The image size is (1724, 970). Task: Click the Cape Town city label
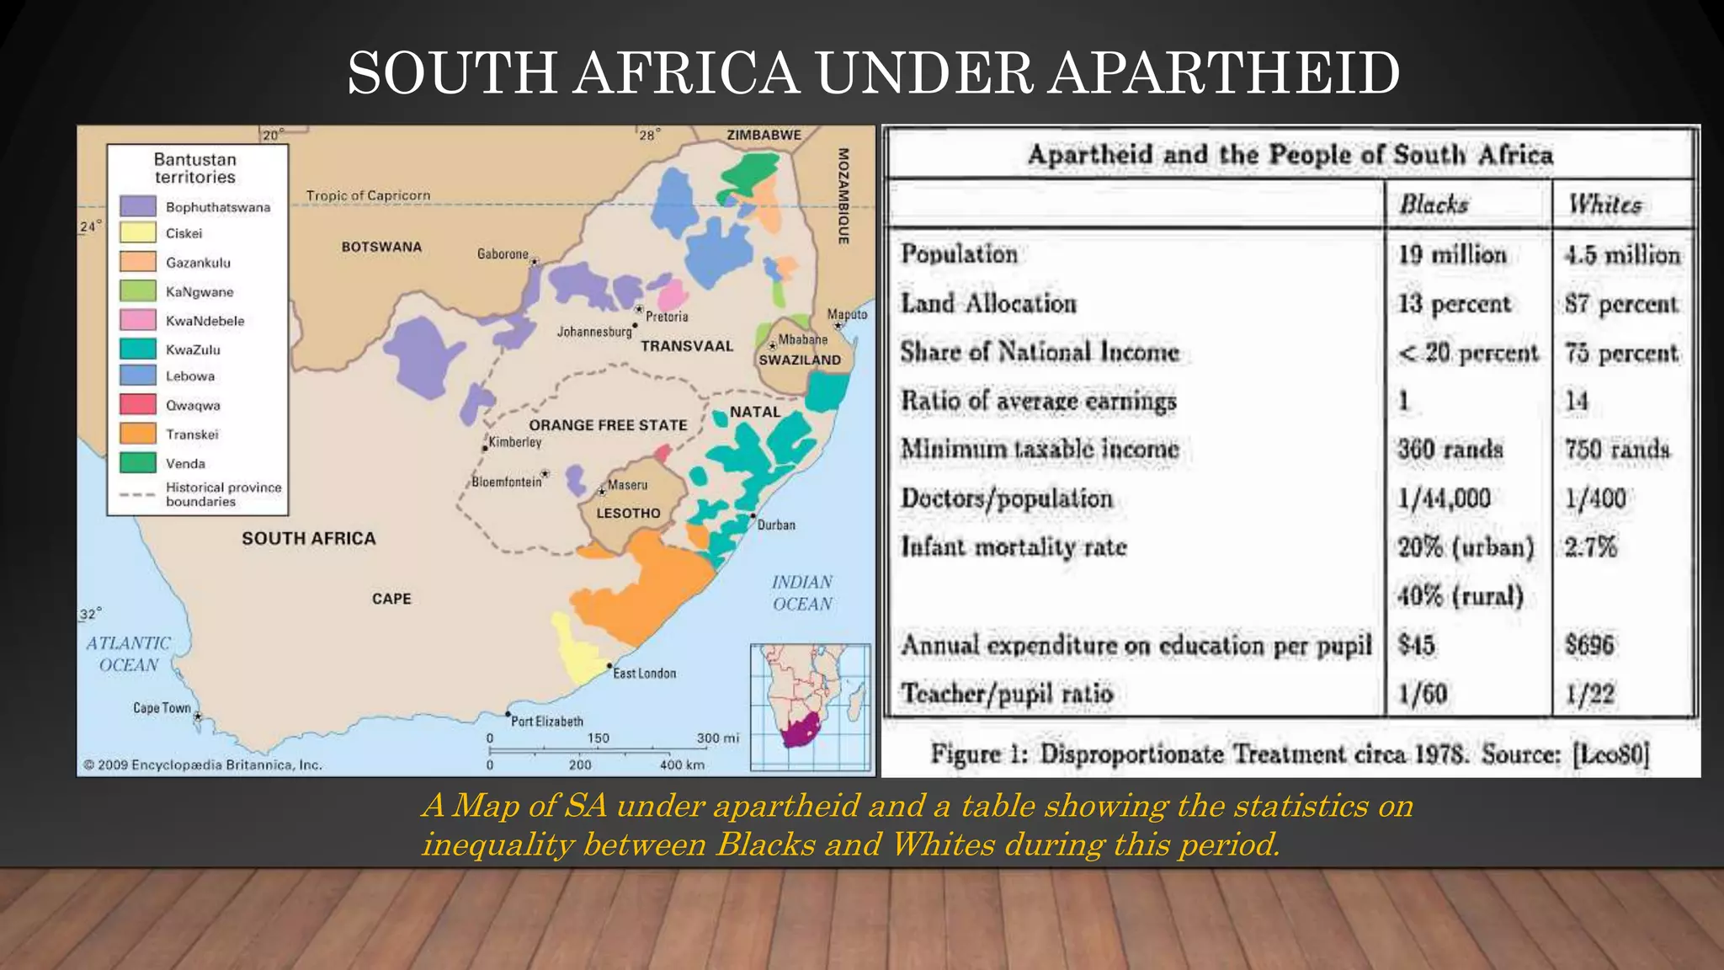(x=162, y=708)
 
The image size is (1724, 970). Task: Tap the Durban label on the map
(x=775, y=525)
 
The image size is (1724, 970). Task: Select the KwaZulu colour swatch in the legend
(x=138, y=349)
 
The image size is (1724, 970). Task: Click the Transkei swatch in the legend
(x=138, y=434)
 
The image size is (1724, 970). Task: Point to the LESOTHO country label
(x=628, y=513)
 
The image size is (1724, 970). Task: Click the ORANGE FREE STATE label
(x=608, y=425)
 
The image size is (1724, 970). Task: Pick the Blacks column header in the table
(x=1434, y=205)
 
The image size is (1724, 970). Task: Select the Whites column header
(x=1604, y=205)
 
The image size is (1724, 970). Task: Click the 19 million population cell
(x=1452, y=254)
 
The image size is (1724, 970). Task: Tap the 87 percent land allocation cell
(x=1621, y=304)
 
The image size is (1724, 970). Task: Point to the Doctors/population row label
(x=1007, y=498)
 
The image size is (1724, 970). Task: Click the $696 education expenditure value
(x=1589, y=645)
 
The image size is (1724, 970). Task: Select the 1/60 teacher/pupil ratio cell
(x=1423, y=694)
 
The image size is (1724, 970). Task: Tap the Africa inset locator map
(x=811, y=707)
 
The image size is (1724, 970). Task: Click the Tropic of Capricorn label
(x=368, y=195)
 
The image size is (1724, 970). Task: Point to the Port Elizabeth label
(x=547, y=722)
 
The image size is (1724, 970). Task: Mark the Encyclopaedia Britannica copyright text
(x=203, y=765)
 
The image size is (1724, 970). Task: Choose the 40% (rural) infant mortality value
(x=1461, y=596)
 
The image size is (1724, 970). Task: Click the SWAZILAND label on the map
(x=800, y=360)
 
